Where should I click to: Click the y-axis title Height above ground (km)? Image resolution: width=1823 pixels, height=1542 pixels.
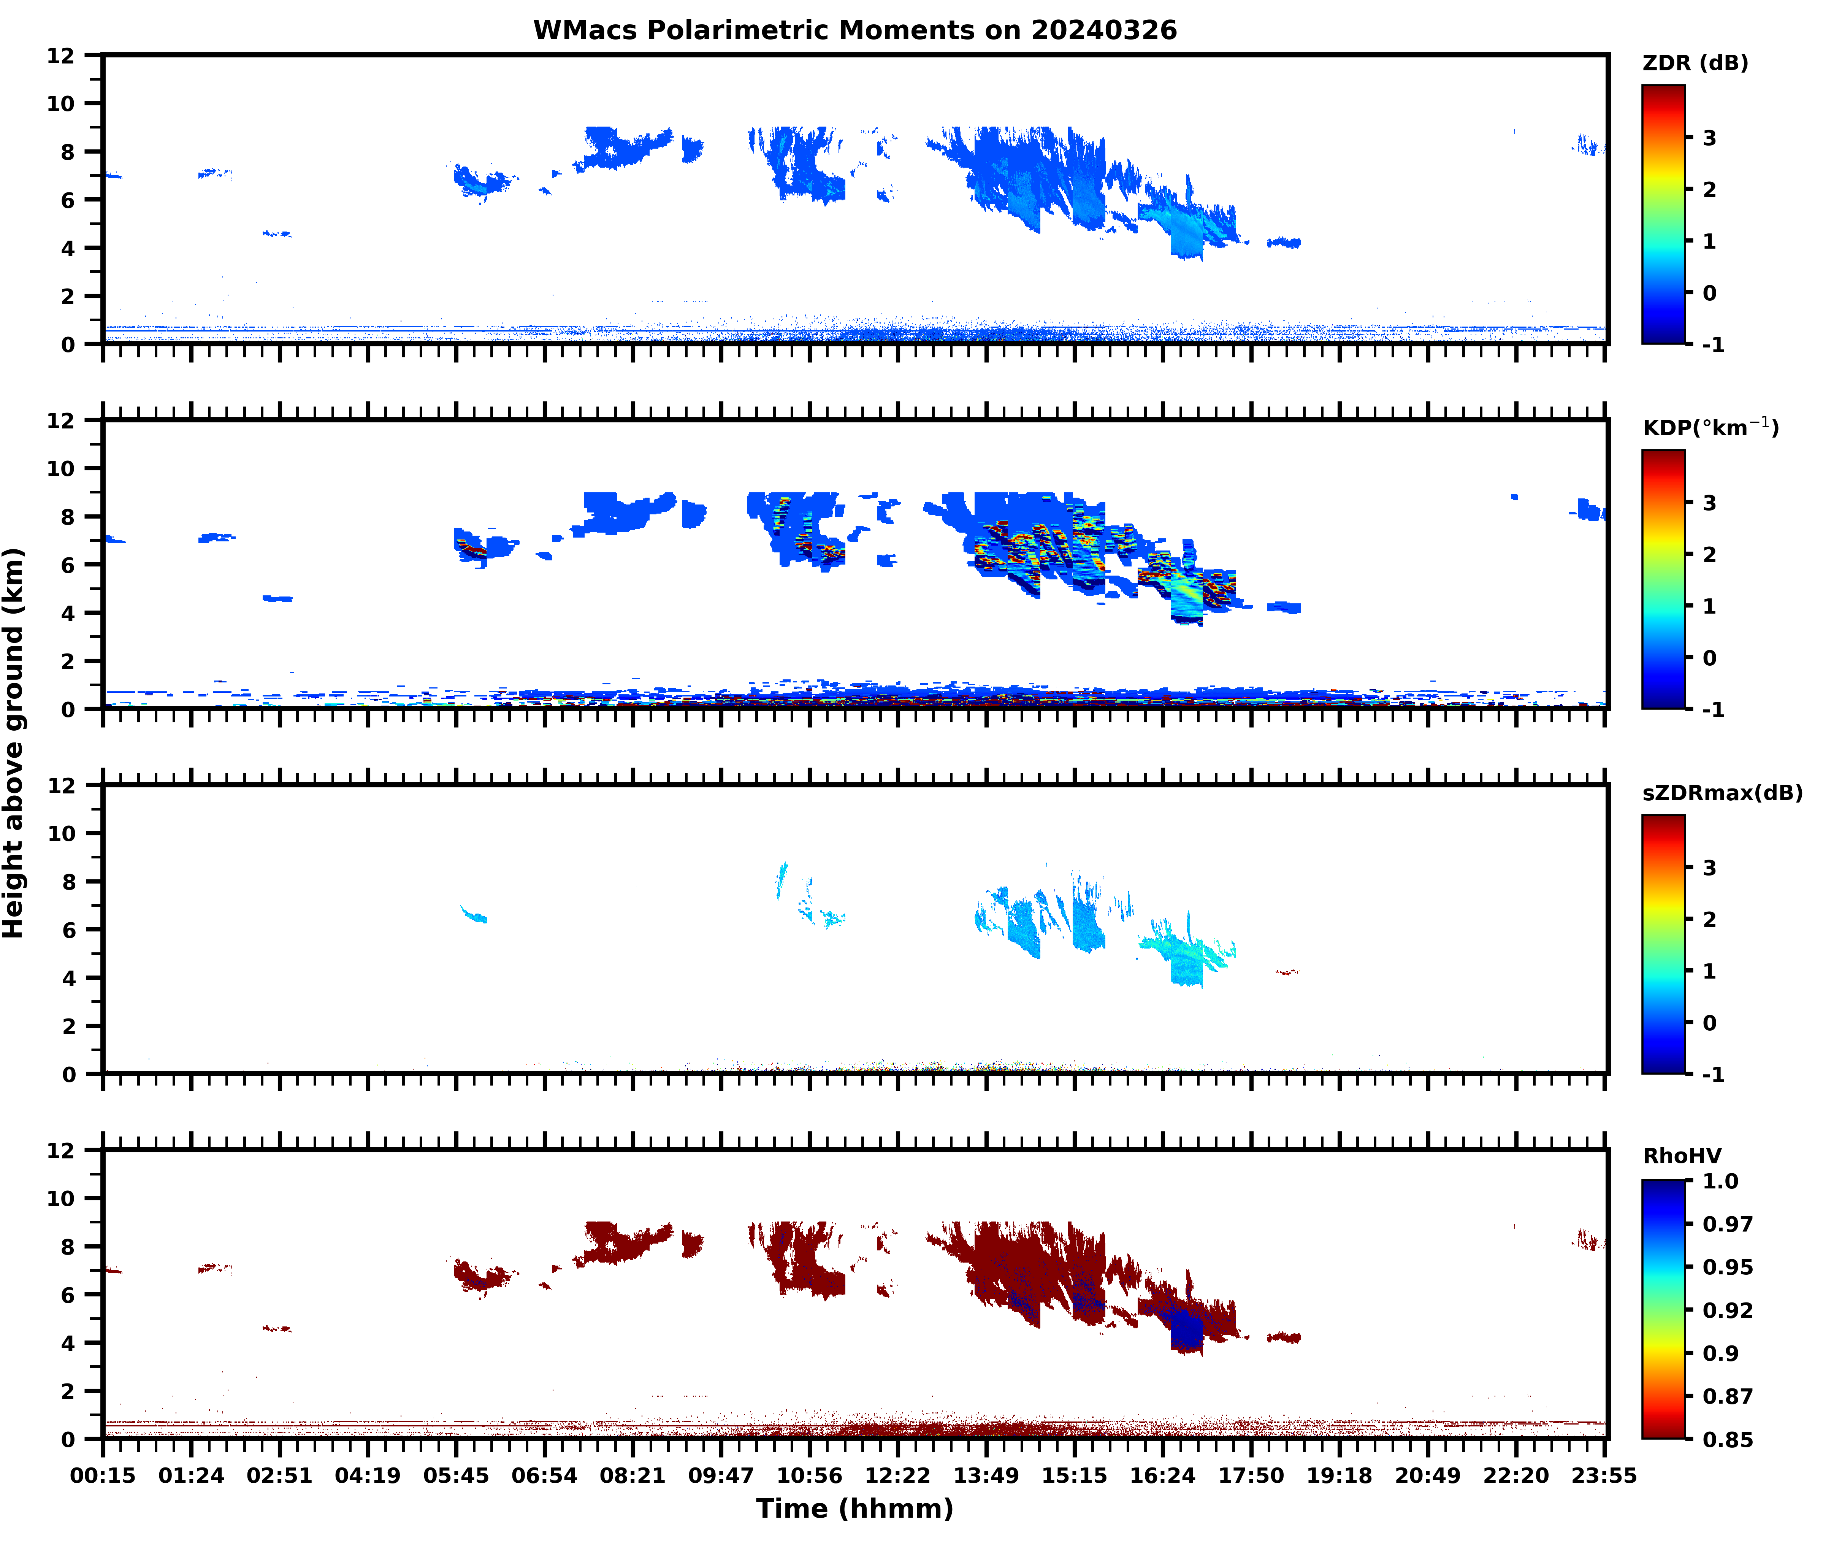click(14, 743)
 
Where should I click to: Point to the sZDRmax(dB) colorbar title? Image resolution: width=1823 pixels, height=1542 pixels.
click(1722, 793)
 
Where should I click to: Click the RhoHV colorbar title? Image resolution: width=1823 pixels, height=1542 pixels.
click(1682, 1156)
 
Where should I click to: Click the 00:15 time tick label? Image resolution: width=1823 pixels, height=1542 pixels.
click(103, 1475)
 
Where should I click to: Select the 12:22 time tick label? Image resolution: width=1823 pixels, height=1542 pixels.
click(897, 1475)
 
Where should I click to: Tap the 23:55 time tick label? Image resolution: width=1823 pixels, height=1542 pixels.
click(1604, 1475)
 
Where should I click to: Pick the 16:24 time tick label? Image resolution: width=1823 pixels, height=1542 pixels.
click(1162, 1475)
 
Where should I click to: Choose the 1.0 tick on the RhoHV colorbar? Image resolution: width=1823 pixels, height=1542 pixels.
click(1720, 1181)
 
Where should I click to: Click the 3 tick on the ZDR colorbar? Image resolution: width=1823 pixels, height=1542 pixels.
click(1709, 138)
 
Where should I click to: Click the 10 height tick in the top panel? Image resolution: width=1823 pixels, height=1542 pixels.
click(61, 103)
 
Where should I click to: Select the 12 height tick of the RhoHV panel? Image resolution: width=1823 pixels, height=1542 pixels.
click(61, 1150)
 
